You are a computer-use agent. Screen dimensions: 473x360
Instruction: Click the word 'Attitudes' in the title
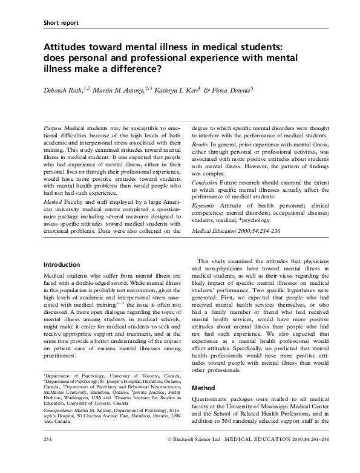tap(67, 47)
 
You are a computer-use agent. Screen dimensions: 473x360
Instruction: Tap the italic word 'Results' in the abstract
tap(200, 145)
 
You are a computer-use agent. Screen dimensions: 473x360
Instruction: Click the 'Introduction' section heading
tap(63, 265)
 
